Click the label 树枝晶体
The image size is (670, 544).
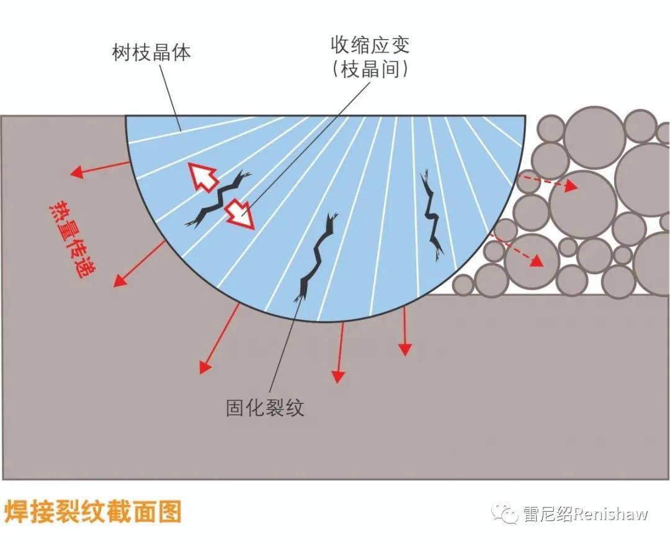point(151,53)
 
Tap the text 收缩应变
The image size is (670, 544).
point(370,45)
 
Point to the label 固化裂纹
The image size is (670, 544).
point(265,408)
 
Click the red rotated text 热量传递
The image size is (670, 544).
point(73,240)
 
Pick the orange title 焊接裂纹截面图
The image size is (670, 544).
point(92,512)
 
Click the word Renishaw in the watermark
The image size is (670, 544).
point(610,514)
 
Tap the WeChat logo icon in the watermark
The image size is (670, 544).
point(506,513)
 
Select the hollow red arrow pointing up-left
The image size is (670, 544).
point(202,177)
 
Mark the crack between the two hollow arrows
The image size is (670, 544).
point(218,198)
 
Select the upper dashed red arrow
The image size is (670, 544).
point(547,181)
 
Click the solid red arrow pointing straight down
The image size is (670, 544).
point(404,331)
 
